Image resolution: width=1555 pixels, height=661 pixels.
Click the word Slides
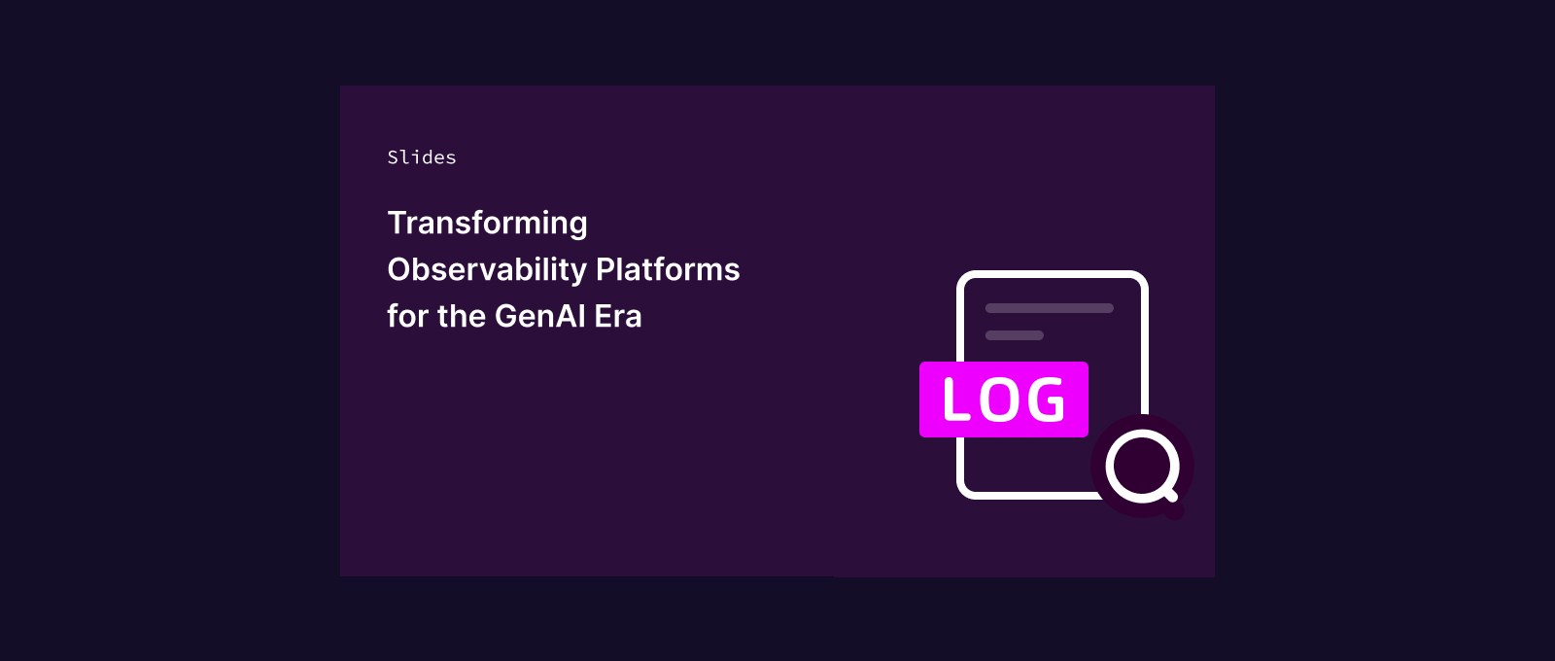[x=422, y=157]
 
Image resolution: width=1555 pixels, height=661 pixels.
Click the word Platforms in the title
[x=668, y=269]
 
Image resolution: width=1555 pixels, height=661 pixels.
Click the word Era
[x=618, y=317]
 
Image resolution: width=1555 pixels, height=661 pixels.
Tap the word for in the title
[x=407, y=316]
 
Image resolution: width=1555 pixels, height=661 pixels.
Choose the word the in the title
[x=462, y=316]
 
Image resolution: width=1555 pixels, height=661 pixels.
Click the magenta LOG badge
[x=1004, y=400]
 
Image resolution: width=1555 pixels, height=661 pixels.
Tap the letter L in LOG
[x=956, y=400]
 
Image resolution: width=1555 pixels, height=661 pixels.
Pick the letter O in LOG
[x=1001, y=400]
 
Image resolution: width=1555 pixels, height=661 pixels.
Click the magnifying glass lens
[x=1142, y=466]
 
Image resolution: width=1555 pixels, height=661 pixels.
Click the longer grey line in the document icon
[x=1050, y=308]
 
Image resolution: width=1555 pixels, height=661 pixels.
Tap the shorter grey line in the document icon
[x=1015, y=335]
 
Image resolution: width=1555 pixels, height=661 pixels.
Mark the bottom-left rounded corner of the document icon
[x=964, y=492]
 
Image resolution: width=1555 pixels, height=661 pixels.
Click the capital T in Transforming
[x=398, y=223]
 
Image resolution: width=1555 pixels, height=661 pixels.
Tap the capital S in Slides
[x=393, y=157]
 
